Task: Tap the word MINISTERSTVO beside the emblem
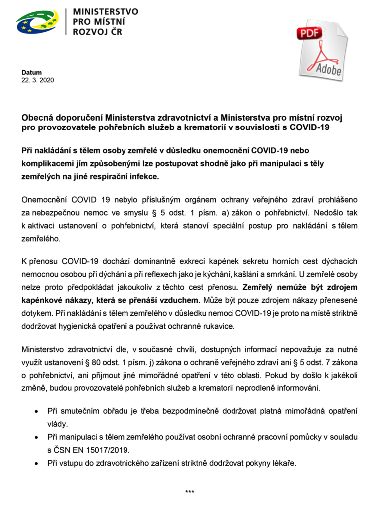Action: [106, 11]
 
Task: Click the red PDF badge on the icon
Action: [310, 33]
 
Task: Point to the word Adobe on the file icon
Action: [329, 69]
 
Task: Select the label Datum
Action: [31, 72]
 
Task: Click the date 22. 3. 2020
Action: [37, 80]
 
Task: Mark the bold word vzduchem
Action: [182, 300]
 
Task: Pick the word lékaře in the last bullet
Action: [283, 463]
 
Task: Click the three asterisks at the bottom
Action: [190, 492]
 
